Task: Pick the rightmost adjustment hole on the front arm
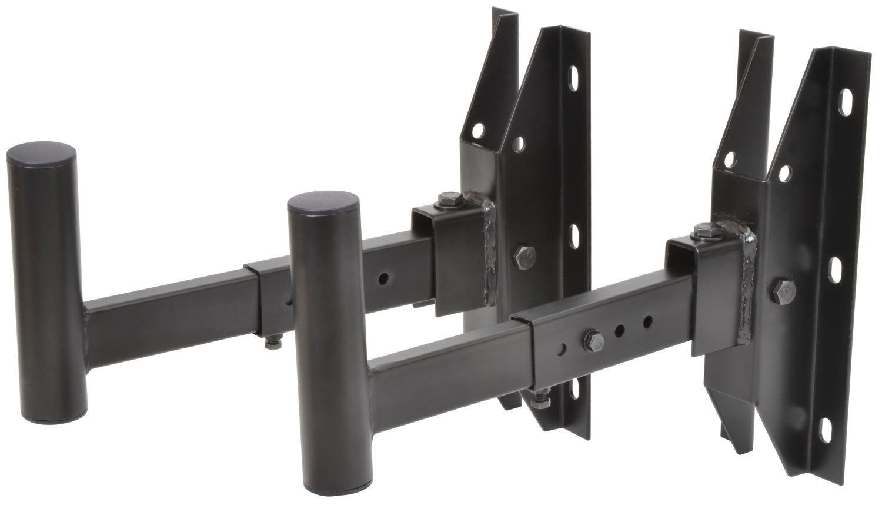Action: [647, 322]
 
